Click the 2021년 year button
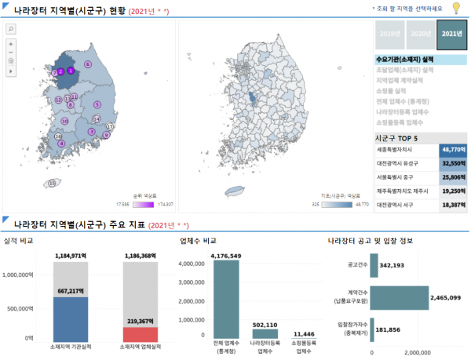point(451,35)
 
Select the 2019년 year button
point(389,35)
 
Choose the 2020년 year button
point(421,35)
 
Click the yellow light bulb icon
point(455,8)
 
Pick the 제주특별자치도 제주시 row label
point(406,191)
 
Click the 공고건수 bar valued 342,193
point(374,266)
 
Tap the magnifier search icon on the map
point(11,28)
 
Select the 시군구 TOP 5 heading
point(400,135)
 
